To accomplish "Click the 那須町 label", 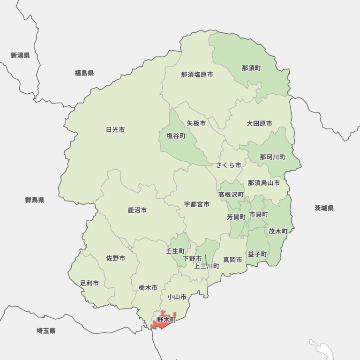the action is point(251,68).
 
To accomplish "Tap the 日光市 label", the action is point(115,129).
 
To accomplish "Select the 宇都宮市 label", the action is point(196,204).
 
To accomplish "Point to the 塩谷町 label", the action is point(176,136).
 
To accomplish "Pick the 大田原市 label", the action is point(259,124).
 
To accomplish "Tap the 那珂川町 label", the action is point(272,157).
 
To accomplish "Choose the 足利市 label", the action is point(89,283).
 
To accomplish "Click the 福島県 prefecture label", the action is point(84,73).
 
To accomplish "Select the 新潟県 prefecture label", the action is point(20,55).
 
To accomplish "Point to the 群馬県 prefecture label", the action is point(35,200).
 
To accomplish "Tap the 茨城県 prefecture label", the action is point(324,208).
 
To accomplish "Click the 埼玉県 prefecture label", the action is point(46,331).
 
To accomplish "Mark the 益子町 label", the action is point(257,254).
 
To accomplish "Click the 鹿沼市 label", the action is point(137,210).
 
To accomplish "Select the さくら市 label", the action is point(228,165).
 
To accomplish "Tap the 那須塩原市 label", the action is point(197,74).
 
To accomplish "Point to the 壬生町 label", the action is point(175,251).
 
